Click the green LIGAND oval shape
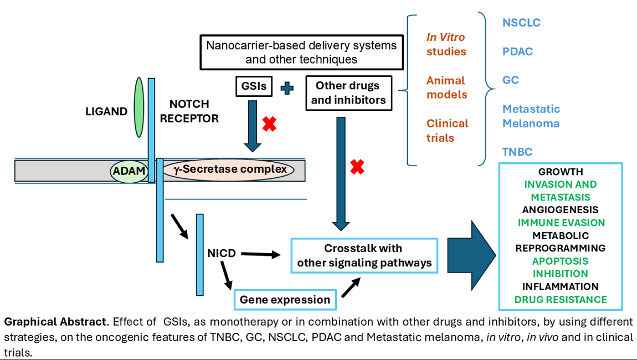(138, 107)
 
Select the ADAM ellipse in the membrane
(129, 171)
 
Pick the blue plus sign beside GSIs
(287, 88)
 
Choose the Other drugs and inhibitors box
(347, 93)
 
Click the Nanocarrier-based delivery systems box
(301, 52)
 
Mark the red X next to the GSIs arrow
(269, 124)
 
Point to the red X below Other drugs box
(357, 166)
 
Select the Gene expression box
(285, 300)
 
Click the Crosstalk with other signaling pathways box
(364, 255)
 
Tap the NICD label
(222, 254)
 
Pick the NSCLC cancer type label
(521, 23)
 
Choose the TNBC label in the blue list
(517, 152)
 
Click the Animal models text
(446, 88)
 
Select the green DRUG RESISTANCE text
(560, 300)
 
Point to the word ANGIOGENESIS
(560, 210)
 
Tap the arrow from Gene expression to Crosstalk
(351, 287)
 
